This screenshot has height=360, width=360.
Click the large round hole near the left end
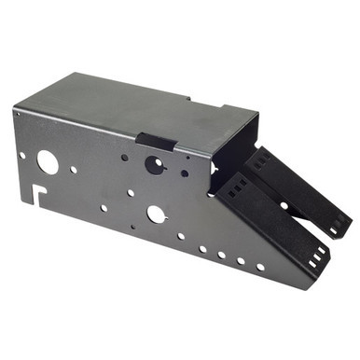tap(47, 162)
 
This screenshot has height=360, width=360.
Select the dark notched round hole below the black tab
tap(155, 165)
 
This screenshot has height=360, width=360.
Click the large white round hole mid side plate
tap(156, 214)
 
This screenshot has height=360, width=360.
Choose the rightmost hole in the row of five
tap(260, 267)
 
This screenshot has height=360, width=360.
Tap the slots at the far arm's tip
tap(334, 229)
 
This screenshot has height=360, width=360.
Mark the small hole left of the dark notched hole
tap(125, 157)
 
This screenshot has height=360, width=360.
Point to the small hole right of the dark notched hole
tap(185, 173)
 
